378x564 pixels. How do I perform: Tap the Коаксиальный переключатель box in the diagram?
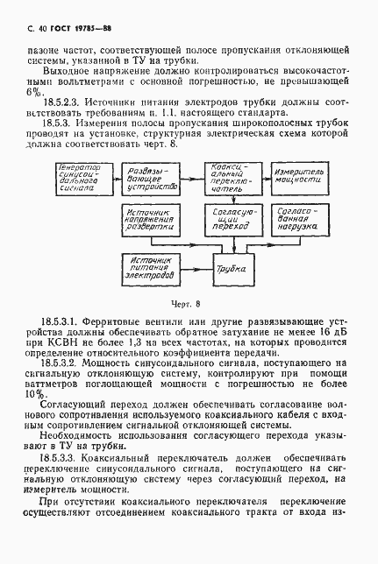(231, 178)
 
